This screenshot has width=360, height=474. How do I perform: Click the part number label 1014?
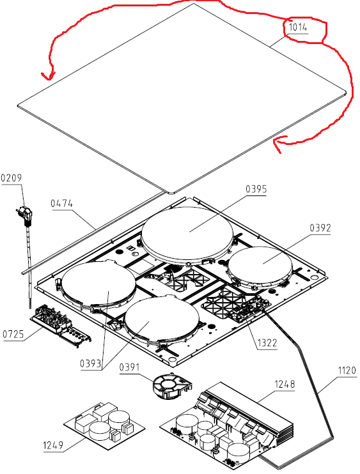pyautogui.click(x=298, y=27)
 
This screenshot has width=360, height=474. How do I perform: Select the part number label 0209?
pyautogui.click(x=12, y=178)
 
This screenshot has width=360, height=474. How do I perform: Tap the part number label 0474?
pyautogui.click(x=62, y=203)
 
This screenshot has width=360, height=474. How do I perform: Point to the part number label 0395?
pyautogui.click(x=256, y=189)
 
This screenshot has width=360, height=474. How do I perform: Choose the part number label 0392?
pyautogui.click(x=320, y=228)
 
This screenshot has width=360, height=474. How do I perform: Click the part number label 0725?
pyautogui.click(x=13, y=334)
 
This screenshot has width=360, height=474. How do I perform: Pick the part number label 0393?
pyautogui.click(x=90, y=363)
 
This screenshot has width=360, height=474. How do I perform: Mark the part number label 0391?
pyautogui.click(x=129, y=367)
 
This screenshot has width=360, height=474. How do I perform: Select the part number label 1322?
pyautogui.click(x=267, y=343)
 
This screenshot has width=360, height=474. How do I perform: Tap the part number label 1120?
pyautogui.click(x=347, y=371)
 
